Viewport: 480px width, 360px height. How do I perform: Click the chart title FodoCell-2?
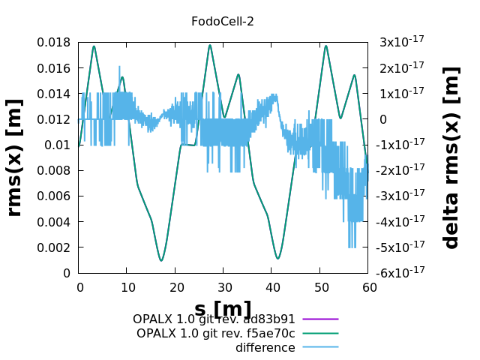pyautogui.click(x=223, y=21)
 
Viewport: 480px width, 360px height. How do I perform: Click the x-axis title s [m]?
pyautogui.click(x=223, y=309)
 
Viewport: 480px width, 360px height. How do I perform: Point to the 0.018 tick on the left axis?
pyautogui.click(x=53, y=43)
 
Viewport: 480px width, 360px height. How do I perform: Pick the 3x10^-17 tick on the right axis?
pyautogui.click(x=400, y=43)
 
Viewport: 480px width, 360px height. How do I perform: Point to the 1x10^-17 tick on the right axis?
pyautogui.click(x=400, y=94)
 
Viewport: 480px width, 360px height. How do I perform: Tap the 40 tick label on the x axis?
pyautogui.click(x=272, y=286)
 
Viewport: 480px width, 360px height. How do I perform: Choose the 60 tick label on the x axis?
pyautogui.click(x=368, y=286)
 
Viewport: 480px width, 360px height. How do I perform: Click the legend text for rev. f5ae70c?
pyautogui.click(x=216, y=333)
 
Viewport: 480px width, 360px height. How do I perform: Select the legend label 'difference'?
pyautogui.click(x=265, y=347)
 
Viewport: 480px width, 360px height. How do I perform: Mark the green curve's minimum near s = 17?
pyautogui.click(x=161, y=260)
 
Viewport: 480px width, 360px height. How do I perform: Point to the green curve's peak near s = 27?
pyautogui.click(x=210, y=45)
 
